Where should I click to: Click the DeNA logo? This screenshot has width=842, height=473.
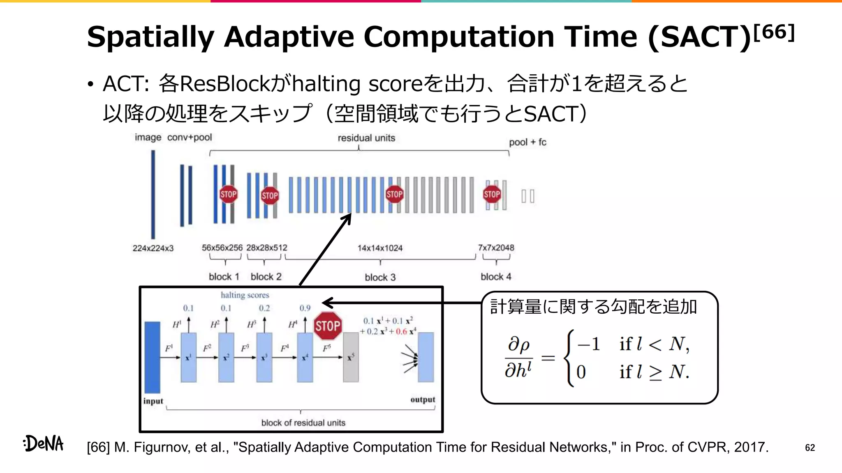tap(44, 443)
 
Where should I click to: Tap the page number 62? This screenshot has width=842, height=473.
tap(810, 448)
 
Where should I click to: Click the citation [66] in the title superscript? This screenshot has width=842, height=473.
tap(774, 32)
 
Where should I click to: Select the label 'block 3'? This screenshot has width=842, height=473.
tap(380, 278)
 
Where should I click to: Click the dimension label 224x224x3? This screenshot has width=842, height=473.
tap(153, 248)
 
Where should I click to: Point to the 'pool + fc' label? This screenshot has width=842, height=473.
tap(527, 142)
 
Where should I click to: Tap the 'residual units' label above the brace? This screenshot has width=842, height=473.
tap(366, 138)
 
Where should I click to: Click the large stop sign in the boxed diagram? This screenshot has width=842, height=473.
tap(328, 326)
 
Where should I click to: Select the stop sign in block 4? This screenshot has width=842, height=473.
tap(492, 194)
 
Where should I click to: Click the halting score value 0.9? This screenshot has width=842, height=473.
tap(305, 308)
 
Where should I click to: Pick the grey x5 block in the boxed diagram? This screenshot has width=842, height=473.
tap(351, 357)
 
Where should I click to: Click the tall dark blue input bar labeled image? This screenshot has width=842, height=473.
tap(153, 194)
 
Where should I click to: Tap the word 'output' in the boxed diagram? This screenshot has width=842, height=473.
tap(422, 400)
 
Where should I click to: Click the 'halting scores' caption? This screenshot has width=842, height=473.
tap(245, 295)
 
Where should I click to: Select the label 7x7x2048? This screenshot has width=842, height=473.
tap(496, 248)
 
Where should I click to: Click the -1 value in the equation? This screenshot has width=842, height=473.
tap(588, 344)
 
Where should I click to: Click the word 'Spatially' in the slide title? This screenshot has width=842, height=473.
tap(150, 37)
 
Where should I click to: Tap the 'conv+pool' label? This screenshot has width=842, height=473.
tap(190, 138)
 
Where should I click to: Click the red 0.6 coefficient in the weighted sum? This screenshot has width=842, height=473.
tap(401, 331)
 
